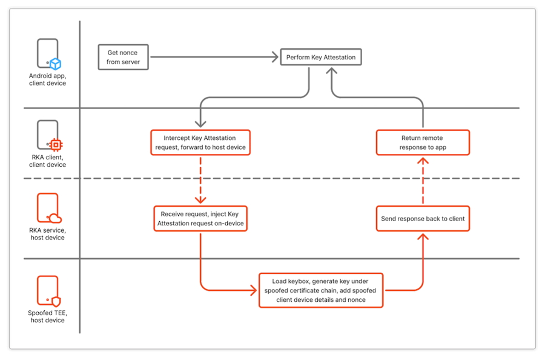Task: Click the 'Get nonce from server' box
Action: [123, 57]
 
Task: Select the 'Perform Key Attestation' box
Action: [321, 58]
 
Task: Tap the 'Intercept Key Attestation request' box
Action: [200, 142]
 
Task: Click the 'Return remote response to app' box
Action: [423, 142]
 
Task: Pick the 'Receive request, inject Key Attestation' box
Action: [200, 218]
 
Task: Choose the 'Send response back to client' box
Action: [423, 218]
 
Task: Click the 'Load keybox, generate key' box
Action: [320, 290]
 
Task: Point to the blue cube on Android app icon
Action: [56, 64]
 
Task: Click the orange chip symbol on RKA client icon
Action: [56, 145]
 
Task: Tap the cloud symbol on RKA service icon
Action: [56, 218]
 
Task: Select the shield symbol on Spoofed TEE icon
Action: [56, 301]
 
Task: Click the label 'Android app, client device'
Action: [47, 79]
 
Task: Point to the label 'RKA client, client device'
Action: [47, 161]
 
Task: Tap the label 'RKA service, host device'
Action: [47, 234]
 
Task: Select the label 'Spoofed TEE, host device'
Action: [47, 316]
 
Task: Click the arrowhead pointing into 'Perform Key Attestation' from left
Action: [274, 58]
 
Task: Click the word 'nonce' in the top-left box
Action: [128, 53]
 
